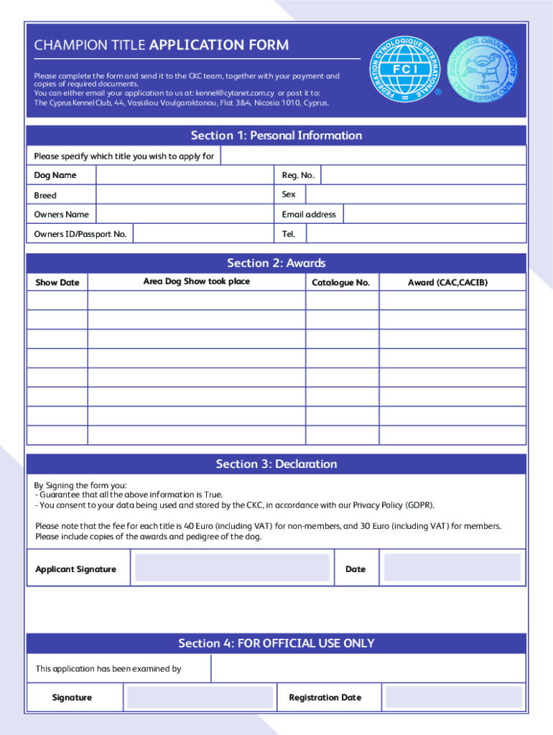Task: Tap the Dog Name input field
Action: click(184, 176)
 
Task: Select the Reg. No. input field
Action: click(423, 176)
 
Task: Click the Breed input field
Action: click(184, 195)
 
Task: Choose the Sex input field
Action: click(416, 195)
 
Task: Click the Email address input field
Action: click(434, 215)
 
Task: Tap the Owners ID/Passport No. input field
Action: click(203, 234)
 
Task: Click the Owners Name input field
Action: click(184, 215)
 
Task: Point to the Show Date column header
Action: click(57, 283)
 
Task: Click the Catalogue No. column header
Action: click(341, 283)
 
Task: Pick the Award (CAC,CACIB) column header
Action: click(447, 283)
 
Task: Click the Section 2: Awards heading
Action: click(276, 263)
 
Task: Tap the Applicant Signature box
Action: click(233, 568)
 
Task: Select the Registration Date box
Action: click(453, 697)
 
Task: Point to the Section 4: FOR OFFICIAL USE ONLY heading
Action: click(276, 643)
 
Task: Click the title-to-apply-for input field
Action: click(373, 156)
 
